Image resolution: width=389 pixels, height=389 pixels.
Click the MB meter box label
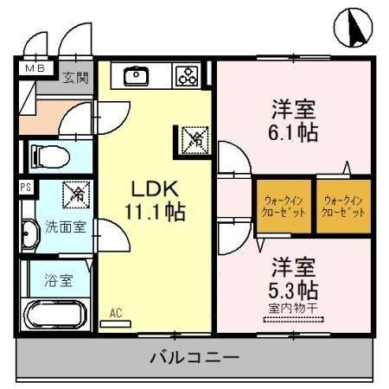coord(34,67)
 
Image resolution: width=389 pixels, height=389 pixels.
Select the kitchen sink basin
coord(137,76)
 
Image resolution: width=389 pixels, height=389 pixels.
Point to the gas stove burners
coord(188,77)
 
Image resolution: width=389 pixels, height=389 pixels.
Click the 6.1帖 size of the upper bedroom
coord(294,132)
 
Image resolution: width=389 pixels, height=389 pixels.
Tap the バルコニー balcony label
coord(194,356)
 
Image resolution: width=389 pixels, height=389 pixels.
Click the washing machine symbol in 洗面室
coord(76,194)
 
